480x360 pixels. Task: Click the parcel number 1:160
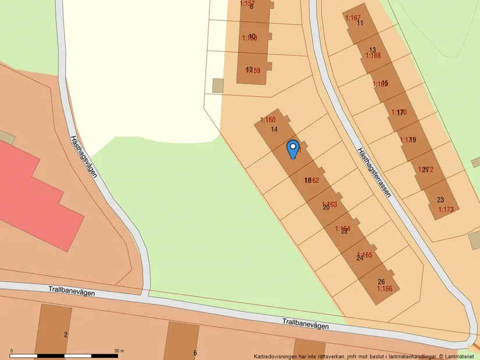[268, 120]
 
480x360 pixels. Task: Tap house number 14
[274, 129]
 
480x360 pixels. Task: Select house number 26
[381, 281]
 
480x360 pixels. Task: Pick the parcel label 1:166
[385, 288]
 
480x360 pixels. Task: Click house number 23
[440, 199]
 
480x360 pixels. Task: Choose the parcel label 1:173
[446, 209]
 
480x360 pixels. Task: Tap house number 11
[360, 23]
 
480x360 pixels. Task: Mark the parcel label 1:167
[353, 18]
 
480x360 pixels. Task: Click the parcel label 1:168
[373, 56]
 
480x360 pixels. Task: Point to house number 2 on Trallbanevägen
[66, 334]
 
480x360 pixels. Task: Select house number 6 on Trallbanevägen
[195, 352]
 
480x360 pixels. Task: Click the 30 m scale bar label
[119, 351]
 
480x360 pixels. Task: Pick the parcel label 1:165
[365, 255]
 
